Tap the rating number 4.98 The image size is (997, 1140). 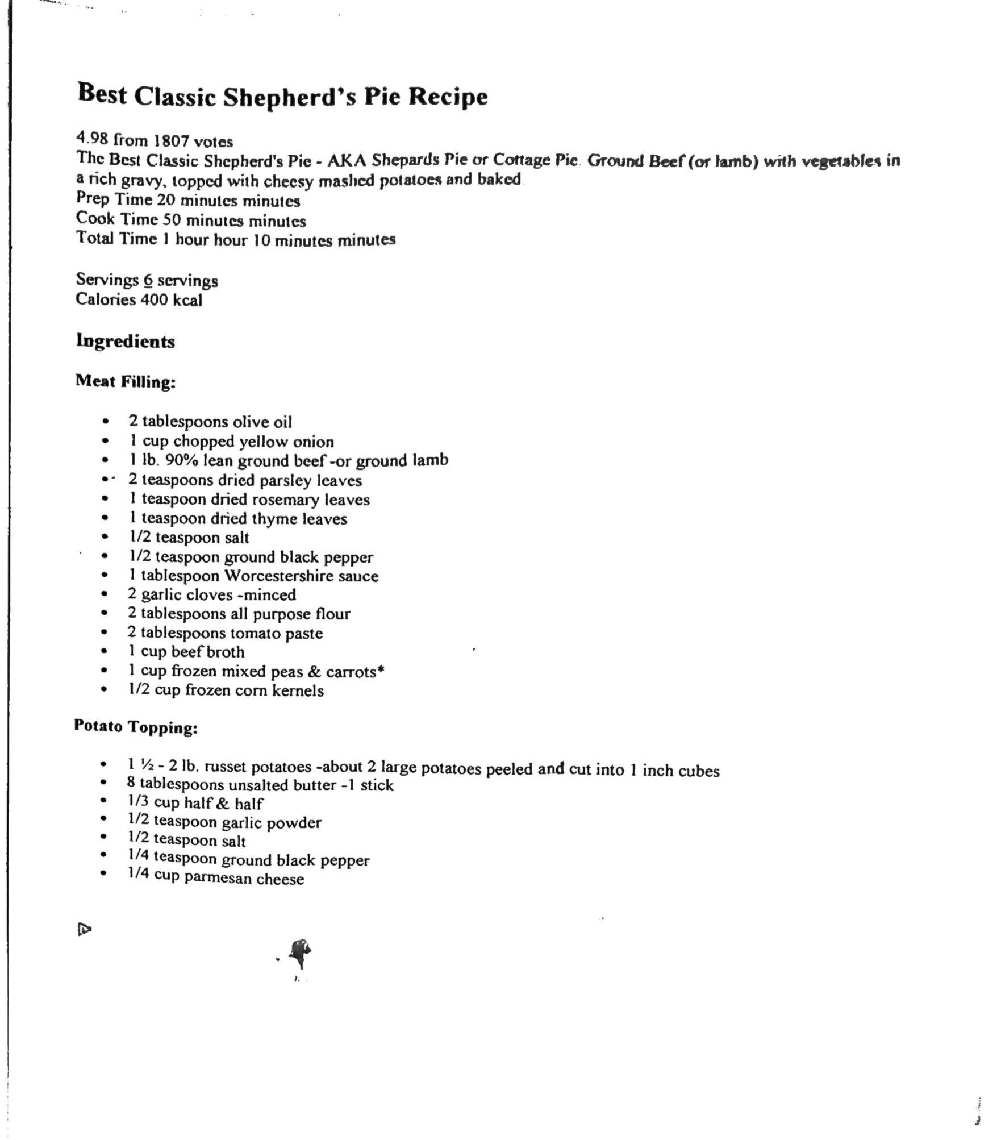pos(93,138)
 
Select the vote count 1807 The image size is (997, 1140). pos(172,141)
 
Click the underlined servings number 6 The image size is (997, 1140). pos(148,280)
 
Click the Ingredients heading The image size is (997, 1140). pos(126,341)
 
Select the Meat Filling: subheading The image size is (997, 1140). pos(126,381)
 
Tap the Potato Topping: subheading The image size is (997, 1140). pos(136,727)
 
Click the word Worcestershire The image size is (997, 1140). pos(278,576)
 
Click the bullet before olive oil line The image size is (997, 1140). pos(105,422)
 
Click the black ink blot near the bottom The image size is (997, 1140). pos(301,950)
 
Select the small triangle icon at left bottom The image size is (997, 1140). pos(84,929)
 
